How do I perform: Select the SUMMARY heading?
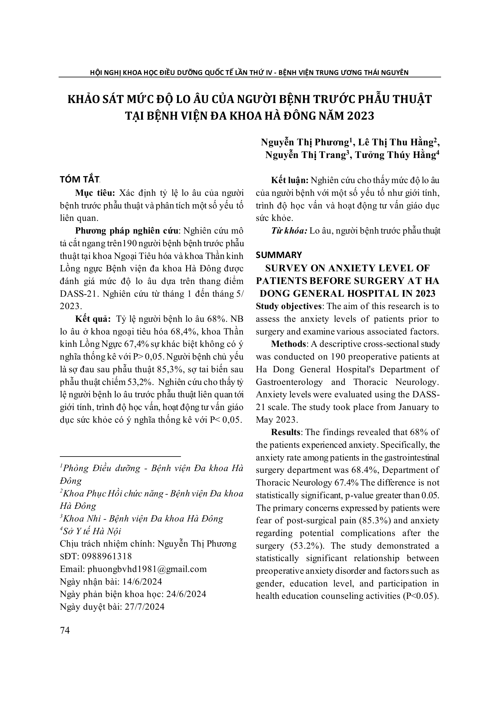tap(279, 255)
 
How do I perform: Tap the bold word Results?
tap(285, 432)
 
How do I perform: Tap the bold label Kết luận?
tap(290, 180)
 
